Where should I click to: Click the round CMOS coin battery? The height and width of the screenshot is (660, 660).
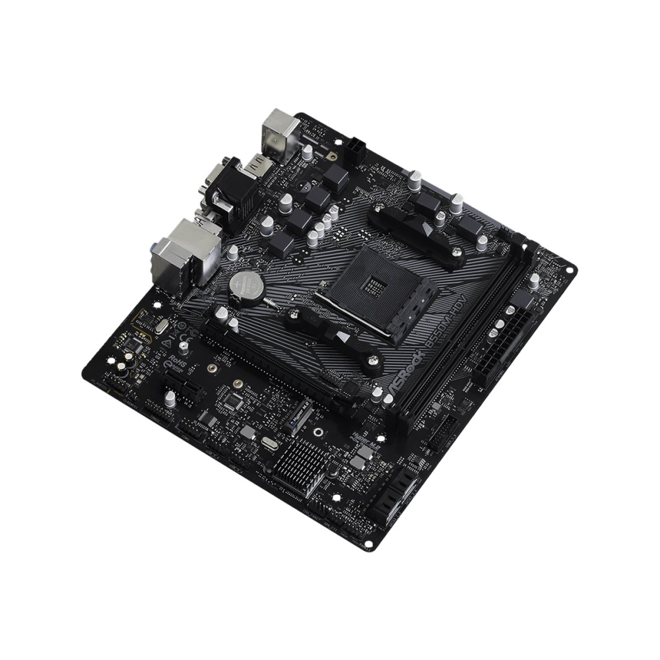[246, 285]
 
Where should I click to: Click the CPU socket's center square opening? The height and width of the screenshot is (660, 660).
[375, 285]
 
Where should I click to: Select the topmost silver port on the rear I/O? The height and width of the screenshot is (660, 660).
[282, 130]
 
